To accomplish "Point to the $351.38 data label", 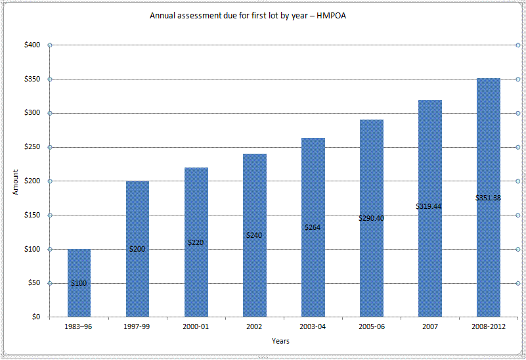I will point(488,198).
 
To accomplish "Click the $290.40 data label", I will point(371,218).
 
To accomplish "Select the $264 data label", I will point(313,227).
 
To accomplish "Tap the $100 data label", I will point(79,283).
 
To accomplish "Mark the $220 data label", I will point(196,242).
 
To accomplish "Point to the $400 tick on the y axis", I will point(32,45).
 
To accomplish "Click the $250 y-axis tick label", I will point(32,147).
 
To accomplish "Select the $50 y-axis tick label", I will point(34,283).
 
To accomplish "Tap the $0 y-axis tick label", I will point(36,317).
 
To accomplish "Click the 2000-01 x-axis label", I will point(196,326).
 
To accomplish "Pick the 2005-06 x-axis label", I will point(371,326).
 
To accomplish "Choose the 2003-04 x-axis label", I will point(313,326).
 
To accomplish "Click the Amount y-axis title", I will point(16,181).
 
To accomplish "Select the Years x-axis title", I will point(280,341).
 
